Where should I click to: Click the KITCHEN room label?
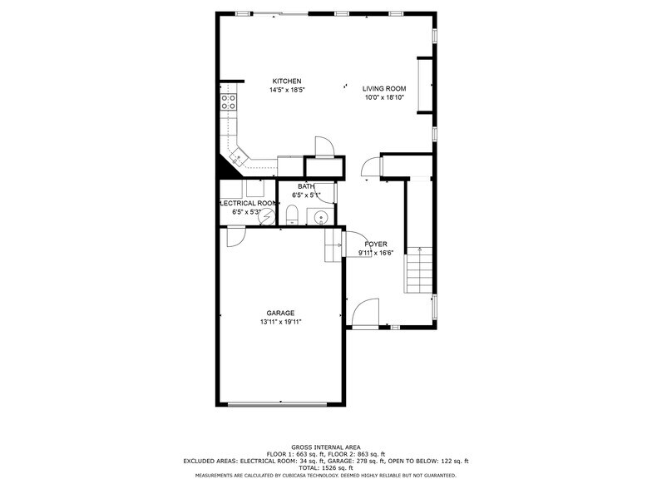pos(286,81)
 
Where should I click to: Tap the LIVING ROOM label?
pos(384,88)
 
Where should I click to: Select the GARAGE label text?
pos(280,313)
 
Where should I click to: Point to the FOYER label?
pos(376,244)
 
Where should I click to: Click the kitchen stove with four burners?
pos(228,101)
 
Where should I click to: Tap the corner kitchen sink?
pos(239,156)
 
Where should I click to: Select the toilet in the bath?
pos(293,215)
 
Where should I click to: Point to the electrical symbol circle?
pos(266,216)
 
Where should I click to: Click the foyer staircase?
pos(419,269)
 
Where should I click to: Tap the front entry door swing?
pos(366,314)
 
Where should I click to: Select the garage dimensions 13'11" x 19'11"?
pos(280,322)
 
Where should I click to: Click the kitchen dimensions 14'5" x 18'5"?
pos(286,90)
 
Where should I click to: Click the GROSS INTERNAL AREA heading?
pos(326,447)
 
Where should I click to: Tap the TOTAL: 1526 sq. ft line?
pos(326,467)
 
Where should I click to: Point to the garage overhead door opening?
pos(278,403)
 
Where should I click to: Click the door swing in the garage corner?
pos(236,237)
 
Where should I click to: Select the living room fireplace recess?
pos(425,85)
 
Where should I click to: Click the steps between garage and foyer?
pos(333,246)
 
